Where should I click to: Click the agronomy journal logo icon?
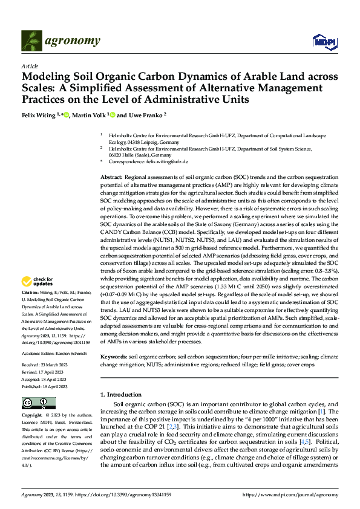31,41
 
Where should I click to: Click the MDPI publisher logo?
321,41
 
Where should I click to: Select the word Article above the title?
30,66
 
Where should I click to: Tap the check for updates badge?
37,280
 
